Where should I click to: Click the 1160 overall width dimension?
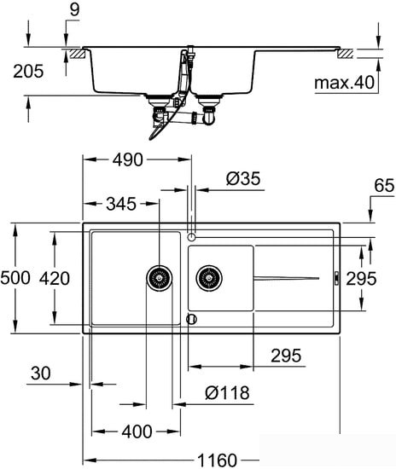click(218, 460)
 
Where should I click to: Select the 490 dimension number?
click(128, 159)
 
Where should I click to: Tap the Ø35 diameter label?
click(243, 178)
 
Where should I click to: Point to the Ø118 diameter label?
click(227, 393)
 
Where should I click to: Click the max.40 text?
click(345, 82)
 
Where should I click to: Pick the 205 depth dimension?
click(28, 72)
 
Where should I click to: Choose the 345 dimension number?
click(121, 204)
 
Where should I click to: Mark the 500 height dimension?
click(15, 278)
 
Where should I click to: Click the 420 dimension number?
click(55, 278)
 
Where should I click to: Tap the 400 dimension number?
click(137, 431)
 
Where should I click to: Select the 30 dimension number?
click(41, 373)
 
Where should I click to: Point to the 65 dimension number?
click(384, 185)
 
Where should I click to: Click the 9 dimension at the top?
click(74, 9)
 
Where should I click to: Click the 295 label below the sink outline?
click(286, 356)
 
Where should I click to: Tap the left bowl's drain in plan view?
click(160, 278)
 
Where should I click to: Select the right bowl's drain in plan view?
click(209, 278)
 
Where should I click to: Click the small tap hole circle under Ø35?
click(191, 237)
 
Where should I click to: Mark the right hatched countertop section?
click(346, 54)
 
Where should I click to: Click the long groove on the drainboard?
click(287, 278)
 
